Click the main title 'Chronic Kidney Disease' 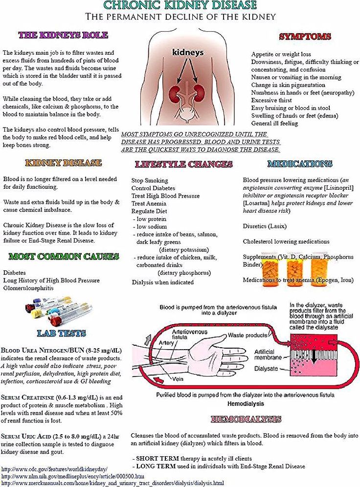(x=180, y=5)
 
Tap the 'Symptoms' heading (x=305, y=37)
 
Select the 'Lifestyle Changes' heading (x=183, y=164)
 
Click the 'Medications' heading (x=300, y=164)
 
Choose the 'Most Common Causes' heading (x=64, y=256)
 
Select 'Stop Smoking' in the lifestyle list (x=150, y=180)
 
